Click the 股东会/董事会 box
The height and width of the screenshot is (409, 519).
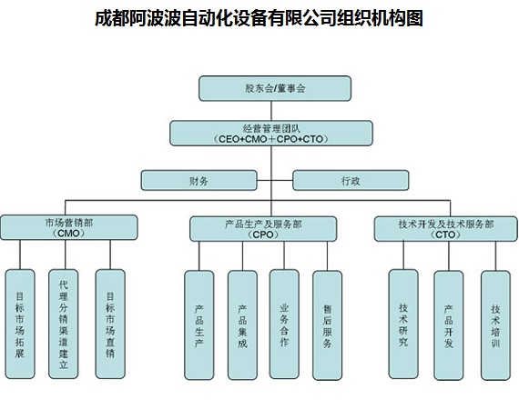point(275,88)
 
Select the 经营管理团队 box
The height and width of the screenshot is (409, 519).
point(271,133)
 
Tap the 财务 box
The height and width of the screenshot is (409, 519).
point(198,180)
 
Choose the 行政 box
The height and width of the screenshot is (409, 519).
point(351,180)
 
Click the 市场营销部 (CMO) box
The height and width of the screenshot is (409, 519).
point(68,227)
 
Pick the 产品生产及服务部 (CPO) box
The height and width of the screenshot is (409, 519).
point(263,229)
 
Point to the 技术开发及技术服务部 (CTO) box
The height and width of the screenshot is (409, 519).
point(445,229)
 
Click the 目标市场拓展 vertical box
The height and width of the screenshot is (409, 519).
point(20,324)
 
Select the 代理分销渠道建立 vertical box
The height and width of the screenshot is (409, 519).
point(63,324)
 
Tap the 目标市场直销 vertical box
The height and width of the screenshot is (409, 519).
point(110,324)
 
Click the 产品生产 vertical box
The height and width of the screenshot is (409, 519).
point(198,325)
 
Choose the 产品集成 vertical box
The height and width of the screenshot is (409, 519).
point(242,325)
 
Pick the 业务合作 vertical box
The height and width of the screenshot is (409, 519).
point(284,324)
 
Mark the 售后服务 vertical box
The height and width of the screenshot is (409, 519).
point(328,325)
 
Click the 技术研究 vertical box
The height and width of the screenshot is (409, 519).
point(403,324)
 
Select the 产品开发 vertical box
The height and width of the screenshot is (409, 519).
point(449,325)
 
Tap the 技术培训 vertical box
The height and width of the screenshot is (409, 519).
point(495,325)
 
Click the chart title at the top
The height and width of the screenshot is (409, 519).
point(259,18)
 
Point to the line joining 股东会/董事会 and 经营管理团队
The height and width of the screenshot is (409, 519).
point(271,111)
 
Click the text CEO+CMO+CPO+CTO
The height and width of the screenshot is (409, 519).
point(270,139)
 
